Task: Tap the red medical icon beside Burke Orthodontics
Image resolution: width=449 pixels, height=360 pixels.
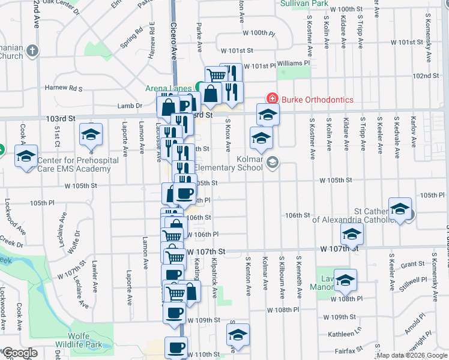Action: [x=272, y=98]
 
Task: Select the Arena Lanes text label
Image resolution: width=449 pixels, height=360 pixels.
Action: [x=168, y=88]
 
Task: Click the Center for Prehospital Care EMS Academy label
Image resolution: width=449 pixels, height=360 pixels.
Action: [x=74, y=164]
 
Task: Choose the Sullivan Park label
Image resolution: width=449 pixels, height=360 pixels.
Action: [x=304, y=3]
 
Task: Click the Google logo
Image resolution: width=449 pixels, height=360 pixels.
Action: [x=20, y=353]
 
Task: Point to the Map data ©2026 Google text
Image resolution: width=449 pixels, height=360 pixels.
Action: [x=412, y=355]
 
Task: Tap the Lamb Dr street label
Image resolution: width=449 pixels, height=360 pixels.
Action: [x=130, y=106]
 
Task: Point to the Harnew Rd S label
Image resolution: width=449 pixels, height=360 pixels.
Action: [x=67, y=88]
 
